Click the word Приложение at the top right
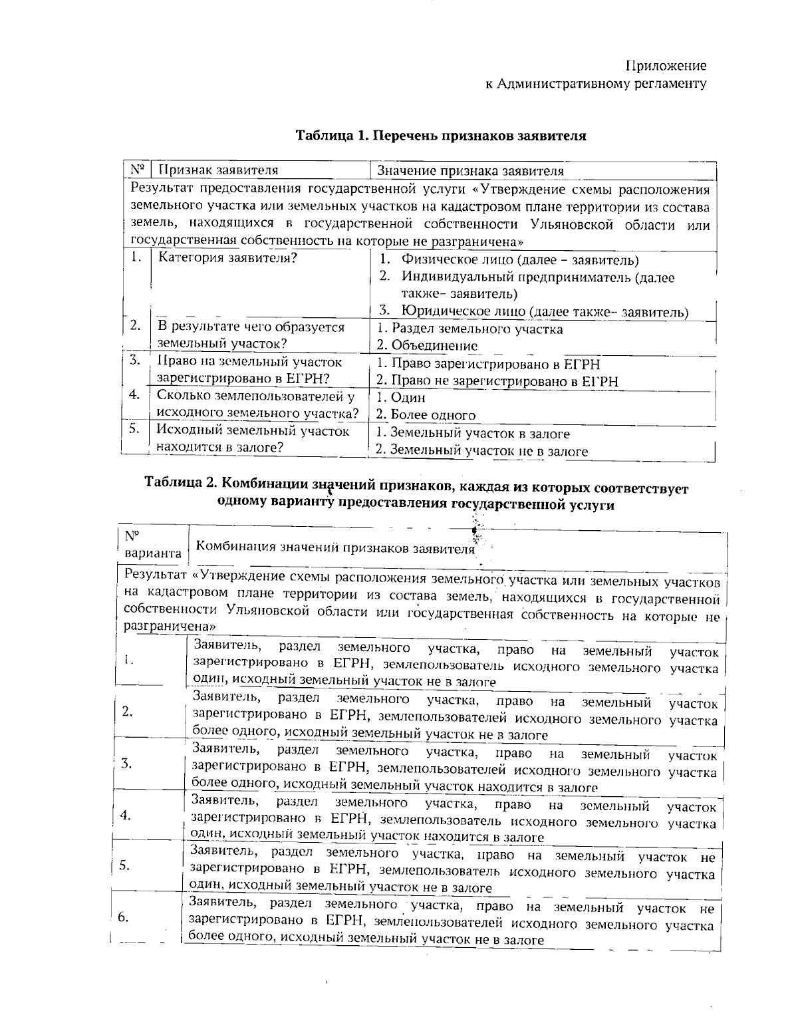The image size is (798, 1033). (666, 66)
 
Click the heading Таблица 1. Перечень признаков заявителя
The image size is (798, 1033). (441, 136)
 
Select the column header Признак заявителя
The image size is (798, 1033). (217, 170)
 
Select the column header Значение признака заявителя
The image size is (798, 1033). (470, 171)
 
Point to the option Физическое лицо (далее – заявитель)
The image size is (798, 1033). (520, 260)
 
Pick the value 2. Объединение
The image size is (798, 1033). (427, 346)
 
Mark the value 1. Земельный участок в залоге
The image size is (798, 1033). (473, 434)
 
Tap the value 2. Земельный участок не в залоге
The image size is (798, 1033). (482, 451)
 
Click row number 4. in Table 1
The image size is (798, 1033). (135, 395)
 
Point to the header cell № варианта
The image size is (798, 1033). (152, 545)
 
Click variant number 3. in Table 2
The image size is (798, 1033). (126, 764)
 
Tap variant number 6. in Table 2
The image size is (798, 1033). (123, 918)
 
